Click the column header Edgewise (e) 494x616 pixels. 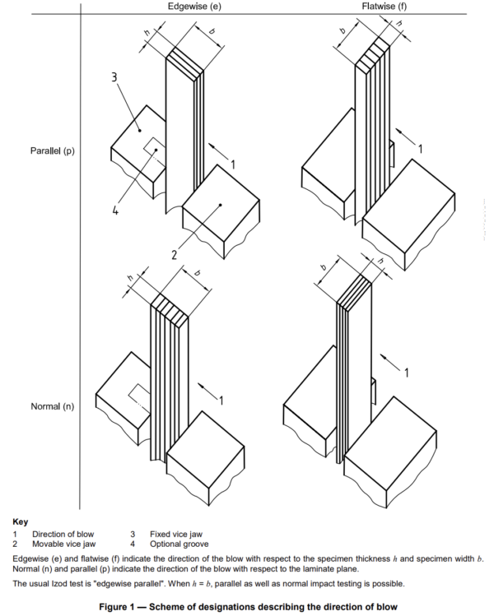(x=194, y=7)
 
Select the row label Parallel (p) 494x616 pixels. (x=53, y=151)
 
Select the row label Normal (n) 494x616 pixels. (x=53, y=406)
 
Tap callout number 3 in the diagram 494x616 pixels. (x=114, y=77)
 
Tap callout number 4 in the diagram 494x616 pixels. (x=114, y=211)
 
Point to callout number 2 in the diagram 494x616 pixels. (x=175, y=255)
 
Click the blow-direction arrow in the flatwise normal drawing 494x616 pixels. (x=389, y=362)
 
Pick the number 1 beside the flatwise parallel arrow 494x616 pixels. (x=421, y=149)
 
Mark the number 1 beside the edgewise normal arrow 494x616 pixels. (x=221, y=401)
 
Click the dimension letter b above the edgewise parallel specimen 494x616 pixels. (x=212, y=31)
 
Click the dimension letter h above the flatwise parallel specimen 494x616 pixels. (x=399, y=23)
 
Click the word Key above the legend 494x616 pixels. (x=21, y=521)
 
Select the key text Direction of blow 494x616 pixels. (x=63, y=535)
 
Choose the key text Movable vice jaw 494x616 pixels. (x=63, y=544)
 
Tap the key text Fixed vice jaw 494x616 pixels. (x=176, y=535)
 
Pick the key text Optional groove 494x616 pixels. (x=179, y=544)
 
